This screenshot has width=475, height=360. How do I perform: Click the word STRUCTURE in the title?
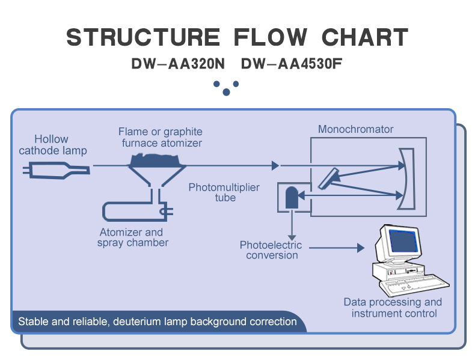coord(143,37)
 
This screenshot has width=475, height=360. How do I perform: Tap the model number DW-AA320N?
coord(178,64)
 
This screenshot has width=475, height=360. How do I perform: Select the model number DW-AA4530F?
coord(292,64)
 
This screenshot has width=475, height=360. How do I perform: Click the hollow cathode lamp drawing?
coord(57,171)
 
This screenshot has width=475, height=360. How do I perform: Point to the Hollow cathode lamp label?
coord(53,145)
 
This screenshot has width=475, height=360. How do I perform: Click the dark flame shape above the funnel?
coord(155,160)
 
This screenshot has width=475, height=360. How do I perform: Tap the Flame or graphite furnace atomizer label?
coord(161,137)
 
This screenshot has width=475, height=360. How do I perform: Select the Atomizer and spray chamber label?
coord(132,237)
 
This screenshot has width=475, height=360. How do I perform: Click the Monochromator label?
coord(355,129)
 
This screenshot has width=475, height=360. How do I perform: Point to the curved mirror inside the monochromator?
coord(409,178)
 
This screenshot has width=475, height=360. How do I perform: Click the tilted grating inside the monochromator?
coord(329,178)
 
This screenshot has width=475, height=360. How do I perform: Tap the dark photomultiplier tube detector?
coord(292,197)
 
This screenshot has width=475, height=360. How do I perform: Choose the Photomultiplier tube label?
coord(224,192)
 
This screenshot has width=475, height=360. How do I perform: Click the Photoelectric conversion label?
coord(271,250)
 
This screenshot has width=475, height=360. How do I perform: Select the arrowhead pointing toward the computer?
coord(361,248)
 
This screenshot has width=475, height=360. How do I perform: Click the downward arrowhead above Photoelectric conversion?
coord(292,237)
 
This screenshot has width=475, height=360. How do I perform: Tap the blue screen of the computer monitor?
coord(403,241)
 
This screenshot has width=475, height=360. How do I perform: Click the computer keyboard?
coord(414,285)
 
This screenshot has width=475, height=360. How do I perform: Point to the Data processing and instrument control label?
coord(393,307)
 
